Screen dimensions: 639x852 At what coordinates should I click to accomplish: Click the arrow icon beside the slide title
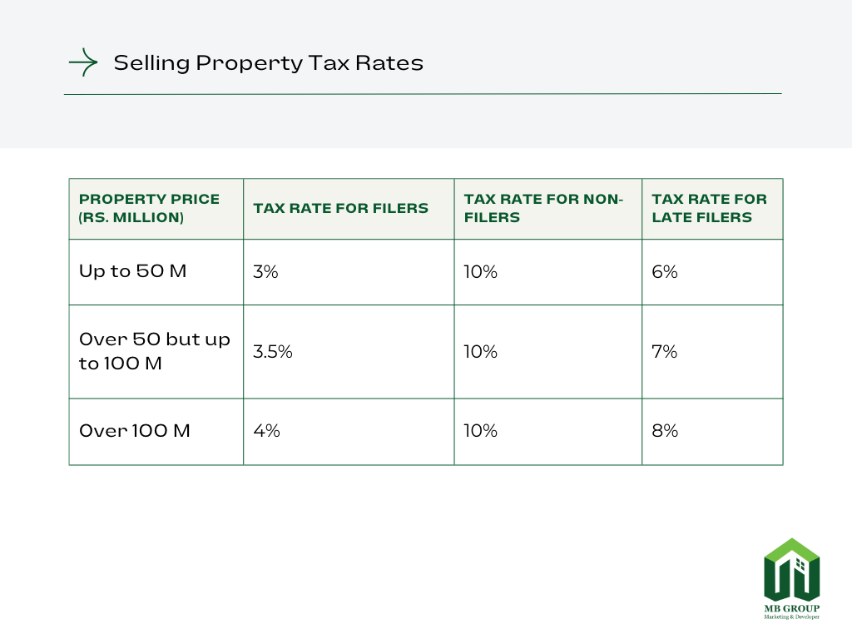[83, 62]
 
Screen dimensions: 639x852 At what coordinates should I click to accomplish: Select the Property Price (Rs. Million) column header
[150, 208]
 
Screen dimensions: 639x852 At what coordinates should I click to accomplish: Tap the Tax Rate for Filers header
[341, 208]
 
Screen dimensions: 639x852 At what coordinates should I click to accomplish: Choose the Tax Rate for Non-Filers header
[543, 208]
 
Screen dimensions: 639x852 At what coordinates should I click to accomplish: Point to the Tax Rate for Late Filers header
[709, 208]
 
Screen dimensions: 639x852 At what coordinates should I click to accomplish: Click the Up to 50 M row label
[133, 271]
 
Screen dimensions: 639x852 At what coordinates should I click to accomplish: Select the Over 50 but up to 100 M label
[154, 351]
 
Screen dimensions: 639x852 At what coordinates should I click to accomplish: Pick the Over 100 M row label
[135, 431]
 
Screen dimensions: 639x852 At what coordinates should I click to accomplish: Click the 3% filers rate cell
[266, 271]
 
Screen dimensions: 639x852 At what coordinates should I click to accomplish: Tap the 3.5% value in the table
[273, 351]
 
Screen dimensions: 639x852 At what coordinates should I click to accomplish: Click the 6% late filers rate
[665, 271]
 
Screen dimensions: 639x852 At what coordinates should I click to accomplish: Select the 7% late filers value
[665, 351]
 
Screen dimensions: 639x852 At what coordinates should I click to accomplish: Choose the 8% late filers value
[665, 431]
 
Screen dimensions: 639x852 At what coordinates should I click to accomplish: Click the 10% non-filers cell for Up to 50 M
[481, 271]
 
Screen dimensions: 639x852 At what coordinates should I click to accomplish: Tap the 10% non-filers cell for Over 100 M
[481, 431]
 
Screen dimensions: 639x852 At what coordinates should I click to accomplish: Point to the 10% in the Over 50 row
[481, 351]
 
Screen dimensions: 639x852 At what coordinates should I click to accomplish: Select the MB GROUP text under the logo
[792, 608]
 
